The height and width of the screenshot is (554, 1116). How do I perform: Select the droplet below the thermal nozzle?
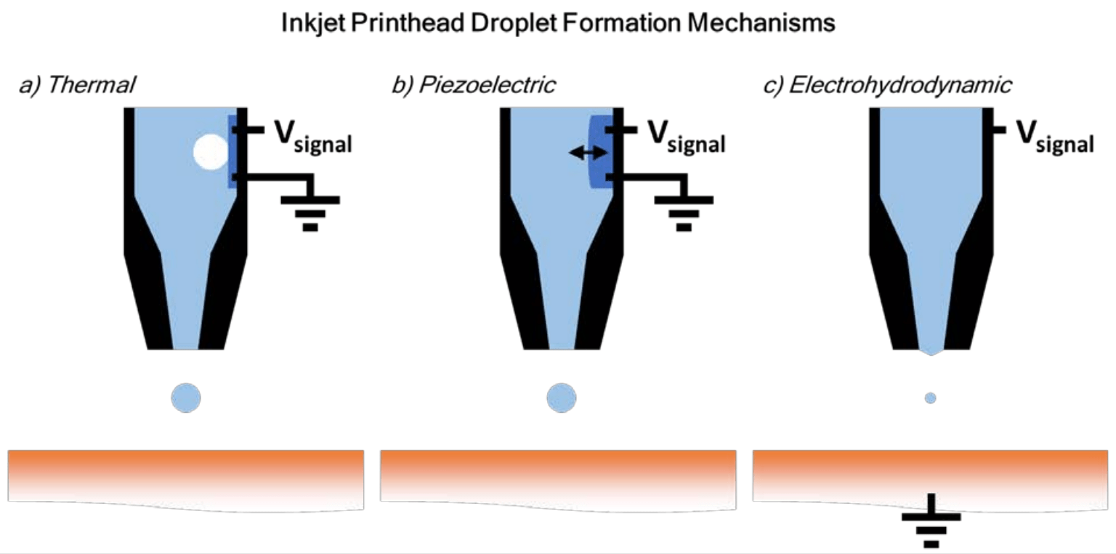tap(186, 398)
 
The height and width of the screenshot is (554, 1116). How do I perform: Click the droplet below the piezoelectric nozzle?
tap(561, 398)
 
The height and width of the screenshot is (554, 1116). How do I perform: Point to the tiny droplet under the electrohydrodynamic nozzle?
tap(930, 398)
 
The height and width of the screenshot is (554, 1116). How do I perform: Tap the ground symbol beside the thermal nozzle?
tap(310, 210)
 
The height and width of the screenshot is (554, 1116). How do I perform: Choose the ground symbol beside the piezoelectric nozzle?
tap(684, 210)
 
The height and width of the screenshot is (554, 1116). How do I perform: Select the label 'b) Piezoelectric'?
tap(473, 86)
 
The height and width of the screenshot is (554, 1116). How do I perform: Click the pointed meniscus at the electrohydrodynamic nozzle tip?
tap(931, 352)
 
